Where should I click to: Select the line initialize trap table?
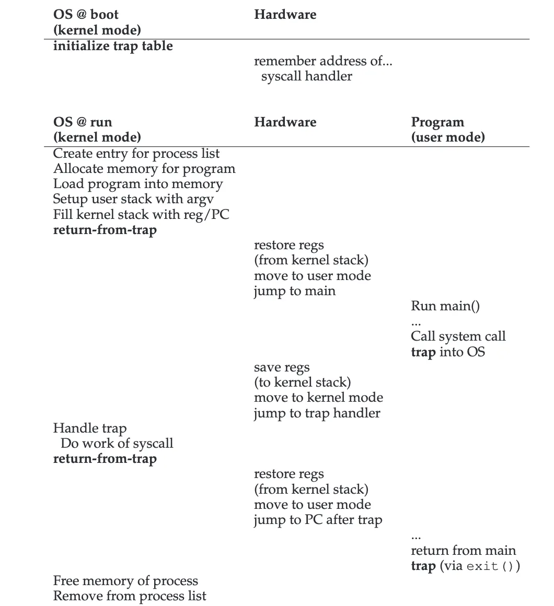click(113, 46)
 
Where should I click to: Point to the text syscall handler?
click(307, 76)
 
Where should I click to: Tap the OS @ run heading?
click(83, 122)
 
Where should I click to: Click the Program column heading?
click(437, 122)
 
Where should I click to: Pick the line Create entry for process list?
click(136, 154)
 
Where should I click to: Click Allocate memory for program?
click(144, 169)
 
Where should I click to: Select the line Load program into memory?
click(138, 184)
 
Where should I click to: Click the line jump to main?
click(295, 291)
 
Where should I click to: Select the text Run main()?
click(445, 306)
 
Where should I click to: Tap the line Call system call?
click(458, 336)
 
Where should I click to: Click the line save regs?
click(282, 367)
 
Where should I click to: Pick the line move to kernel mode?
click(318, 398)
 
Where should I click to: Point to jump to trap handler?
click(317, 413)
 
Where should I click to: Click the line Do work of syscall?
click(117, 444)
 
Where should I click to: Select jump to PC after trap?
click(318, 520)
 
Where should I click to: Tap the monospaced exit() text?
click(490, 566)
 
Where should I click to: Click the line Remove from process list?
click(130, 596)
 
